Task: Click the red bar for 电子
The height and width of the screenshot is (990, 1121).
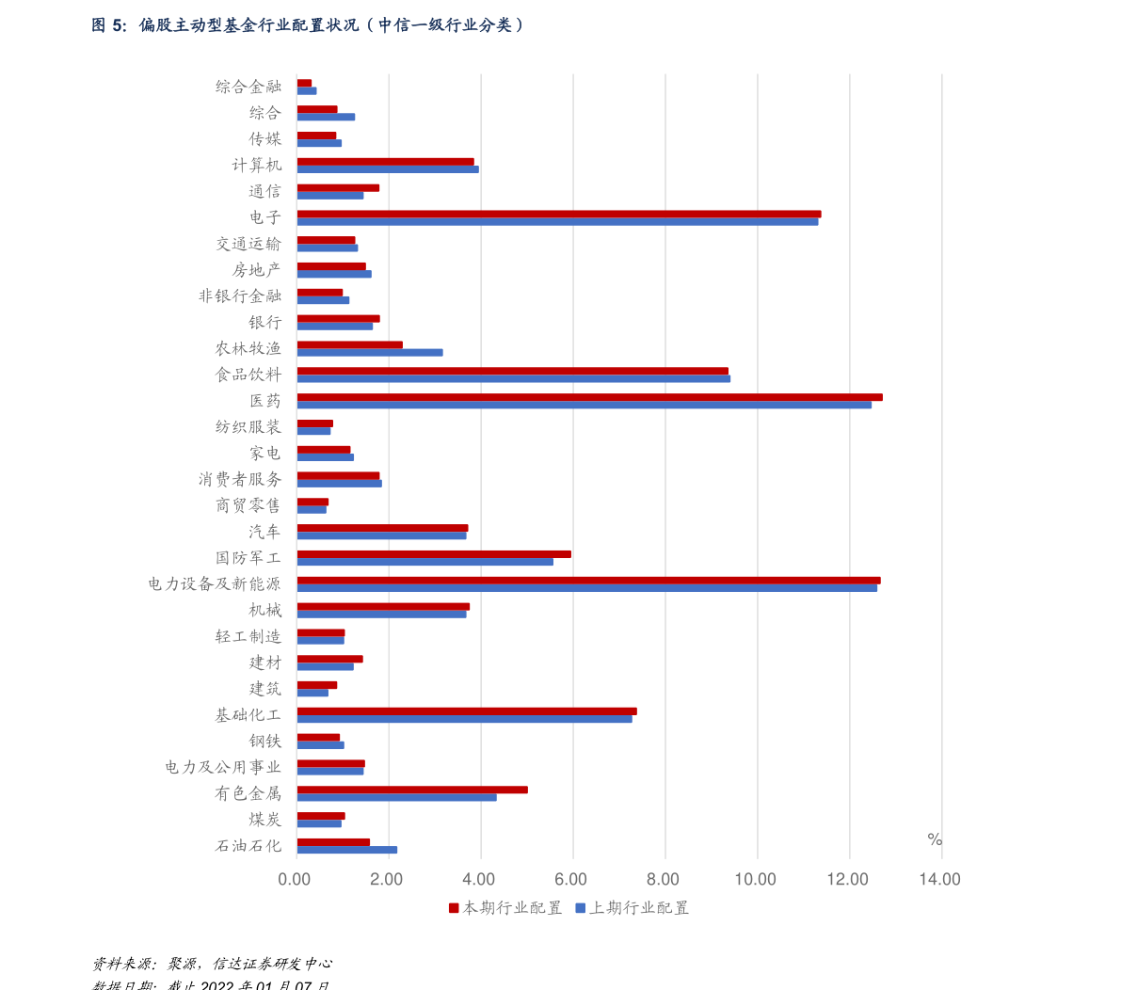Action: (558, 214)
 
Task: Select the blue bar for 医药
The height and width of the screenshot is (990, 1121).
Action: (584, 406)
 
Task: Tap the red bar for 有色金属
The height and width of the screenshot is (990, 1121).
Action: (411, 790)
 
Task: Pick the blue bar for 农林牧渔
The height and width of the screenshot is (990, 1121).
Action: (369, 353)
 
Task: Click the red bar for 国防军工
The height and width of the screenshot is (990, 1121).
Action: (433, 553)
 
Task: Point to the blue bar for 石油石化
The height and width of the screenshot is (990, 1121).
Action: (346, 850)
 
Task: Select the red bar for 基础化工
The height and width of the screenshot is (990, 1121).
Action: (466, 711)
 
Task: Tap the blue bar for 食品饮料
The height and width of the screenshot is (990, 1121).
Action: (513, 379)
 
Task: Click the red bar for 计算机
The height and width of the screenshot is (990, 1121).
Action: (385, 161)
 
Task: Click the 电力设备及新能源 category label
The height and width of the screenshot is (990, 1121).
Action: (215, 584)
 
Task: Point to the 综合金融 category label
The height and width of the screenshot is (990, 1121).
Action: (248, 87)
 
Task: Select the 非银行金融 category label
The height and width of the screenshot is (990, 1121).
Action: (240, 296)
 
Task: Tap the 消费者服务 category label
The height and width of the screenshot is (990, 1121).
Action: (240, 480)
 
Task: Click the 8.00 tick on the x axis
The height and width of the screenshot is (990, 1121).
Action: (664, 880)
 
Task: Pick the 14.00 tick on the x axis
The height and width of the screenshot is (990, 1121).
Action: (940, 880)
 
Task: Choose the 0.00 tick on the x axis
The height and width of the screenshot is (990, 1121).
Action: (295, 880)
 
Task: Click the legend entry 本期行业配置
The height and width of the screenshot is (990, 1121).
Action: (504, 908)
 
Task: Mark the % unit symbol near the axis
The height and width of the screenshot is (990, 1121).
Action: (934, 839)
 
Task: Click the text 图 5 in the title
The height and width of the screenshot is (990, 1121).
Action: (108, 25)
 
